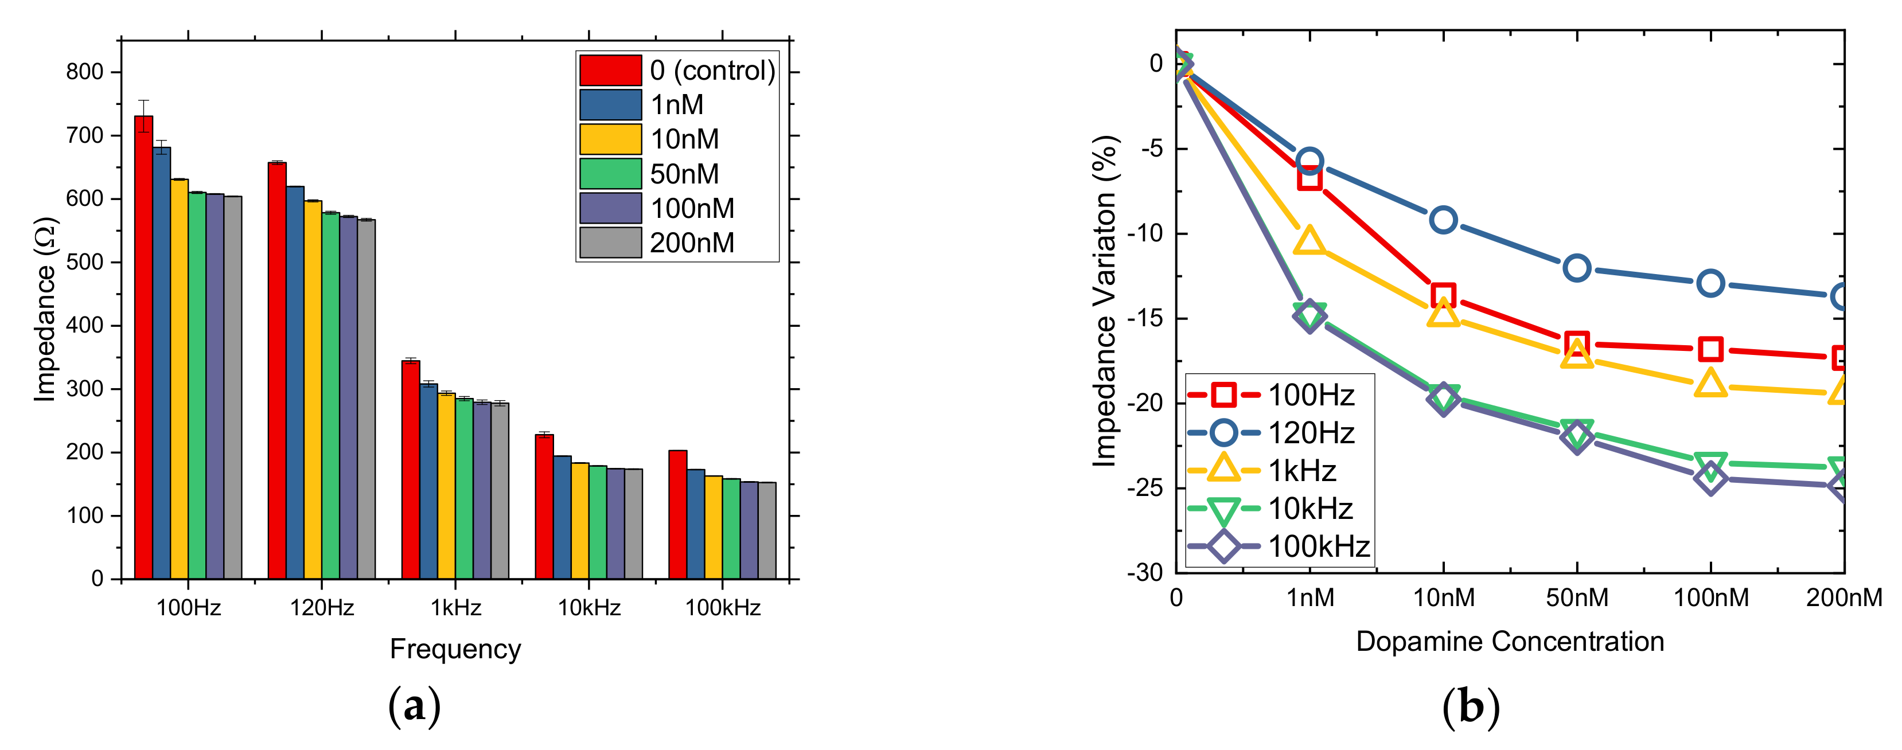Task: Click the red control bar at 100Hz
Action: tap(143, 347)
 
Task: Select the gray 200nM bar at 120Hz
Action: tap(366, 399)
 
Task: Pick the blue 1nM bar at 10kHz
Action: tap(562, 517)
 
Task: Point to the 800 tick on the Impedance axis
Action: tap(84, 72)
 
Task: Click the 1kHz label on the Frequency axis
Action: tap(455, 608)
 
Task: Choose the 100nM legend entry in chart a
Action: tap(691, 208)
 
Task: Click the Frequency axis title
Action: tap(455, 649)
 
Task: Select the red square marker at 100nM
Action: tap(1710, 349)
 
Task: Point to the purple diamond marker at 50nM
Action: tap(1576, 437)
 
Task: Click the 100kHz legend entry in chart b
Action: tap(1318, 546)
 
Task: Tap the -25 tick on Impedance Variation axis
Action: tap(1144, 488)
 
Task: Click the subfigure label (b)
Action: tap(1471, 706)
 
